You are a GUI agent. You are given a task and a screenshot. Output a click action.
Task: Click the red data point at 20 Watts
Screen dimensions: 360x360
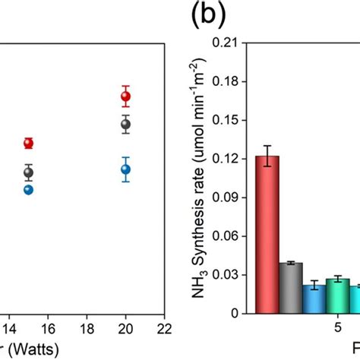pyautogui.click(x=126, y=96)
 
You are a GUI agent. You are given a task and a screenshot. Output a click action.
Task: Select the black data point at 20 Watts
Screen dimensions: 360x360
pyautogui.click(x=126, y=124)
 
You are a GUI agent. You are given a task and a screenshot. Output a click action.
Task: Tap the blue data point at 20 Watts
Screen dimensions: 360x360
pyautogui.click(x=126, y=169)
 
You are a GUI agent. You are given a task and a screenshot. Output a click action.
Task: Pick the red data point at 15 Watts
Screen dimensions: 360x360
pyautogui.click(x=29, y=143)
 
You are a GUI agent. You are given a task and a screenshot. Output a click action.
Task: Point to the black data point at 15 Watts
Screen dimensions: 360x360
pyautogui.click(x=29, y=172)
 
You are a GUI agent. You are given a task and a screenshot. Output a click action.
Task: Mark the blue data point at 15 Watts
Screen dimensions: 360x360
pyautogui.click(x=29, y=189)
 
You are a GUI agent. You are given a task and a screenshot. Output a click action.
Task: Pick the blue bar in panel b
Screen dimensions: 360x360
pyautogui.click(x=314, y=298)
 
